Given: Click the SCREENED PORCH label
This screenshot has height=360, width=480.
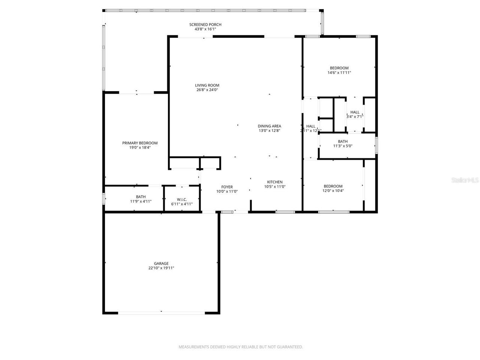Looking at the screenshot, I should [x=205, y=25].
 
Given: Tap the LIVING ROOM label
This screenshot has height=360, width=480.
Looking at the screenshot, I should [x=207, y=85].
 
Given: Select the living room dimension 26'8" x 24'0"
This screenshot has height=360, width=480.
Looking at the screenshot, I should [x=207, y=90].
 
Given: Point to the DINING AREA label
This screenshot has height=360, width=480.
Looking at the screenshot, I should [x=269, y=126].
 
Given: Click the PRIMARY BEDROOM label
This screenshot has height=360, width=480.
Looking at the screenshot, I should [x=140, y=143].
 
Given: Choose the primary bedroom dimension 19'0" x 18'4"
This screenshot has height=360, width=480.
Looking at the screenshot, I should [x=140, y=148].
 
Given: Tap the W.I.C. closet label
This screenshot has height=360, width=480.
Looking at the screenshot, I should [x=181, y=199].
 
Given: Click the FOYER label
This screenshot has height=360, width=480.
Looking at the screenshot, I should [x=227, y=187].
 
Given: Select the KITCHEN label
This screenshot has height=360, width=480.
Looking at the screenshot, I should [x=274, y=182].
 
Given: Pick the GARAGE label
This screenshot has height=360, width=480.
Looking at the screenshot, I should [x=161, y=264].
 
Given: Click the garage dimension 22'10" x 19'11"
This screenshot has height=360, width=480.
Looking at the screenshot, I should [x=161, y=268].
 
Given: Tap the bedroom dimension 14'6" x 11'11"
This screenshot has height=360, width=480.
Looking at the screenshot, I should [x=339, y=73].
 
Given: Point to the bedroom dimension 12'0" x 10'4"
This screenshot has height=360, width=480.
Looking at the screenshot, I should [x=333, y=191].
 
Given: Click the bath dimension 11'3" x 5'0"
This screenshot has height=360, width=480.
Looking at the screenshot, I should [x=343, y=146].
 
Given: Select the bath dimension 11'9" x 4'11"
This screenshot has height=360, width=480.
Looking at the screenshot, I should [x=141, y=201].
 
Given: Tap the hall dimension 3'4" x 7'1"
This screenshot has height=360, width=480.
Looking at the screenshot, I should [x=355, y=117].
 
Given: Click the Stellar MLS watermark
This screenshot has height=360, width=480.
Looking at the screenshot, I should [x=465, y=180].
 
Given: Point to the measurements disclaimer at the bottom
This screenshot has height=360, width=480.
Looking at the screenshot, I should [x=240, y=347].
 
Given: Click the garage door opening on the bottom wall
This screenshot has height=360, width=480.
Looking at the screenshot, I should [x=161, y=312].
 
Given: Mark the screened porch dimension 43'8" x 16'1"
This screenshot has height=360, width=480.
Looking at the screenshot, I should [x=205, y=29].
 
